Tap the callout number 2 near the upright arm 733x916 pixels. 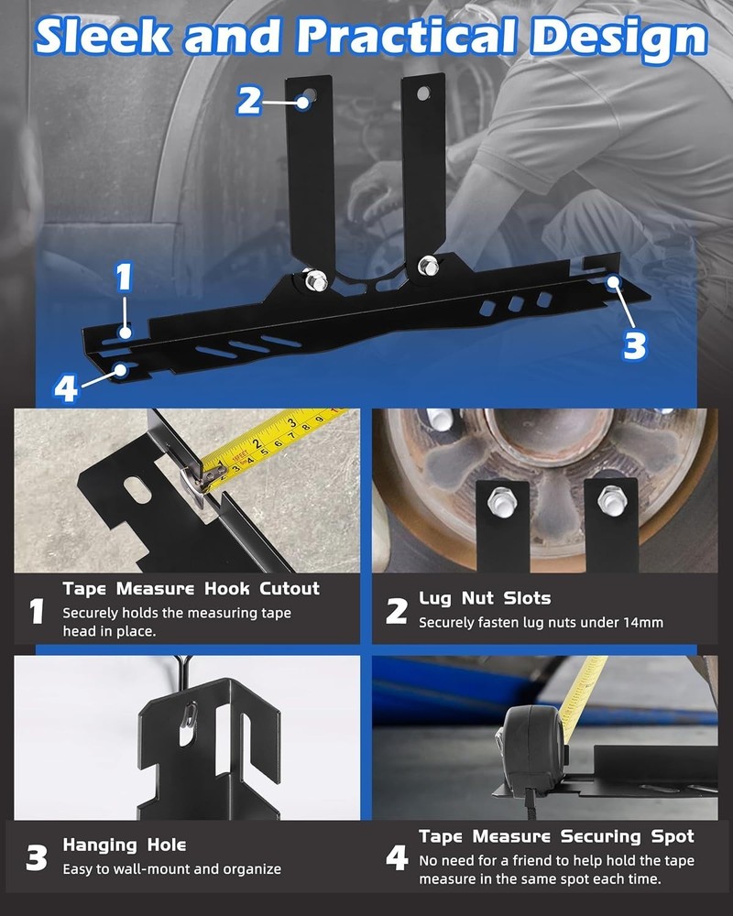coord(248,99)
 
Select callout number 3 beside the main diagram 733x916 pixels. coord(634,344)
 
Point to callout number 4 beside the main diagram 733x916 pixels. coord(65,387)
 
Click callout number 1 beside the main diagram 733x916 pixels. coord(124,277)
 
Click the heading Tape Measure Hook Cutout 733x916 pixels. coord(191,588)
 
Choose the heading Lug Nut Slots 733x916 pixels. coord(485,598)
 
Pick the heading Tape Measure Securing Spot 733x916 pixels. coord(556,836)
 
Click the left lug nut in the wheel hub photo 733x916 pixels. coord(501,499)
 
